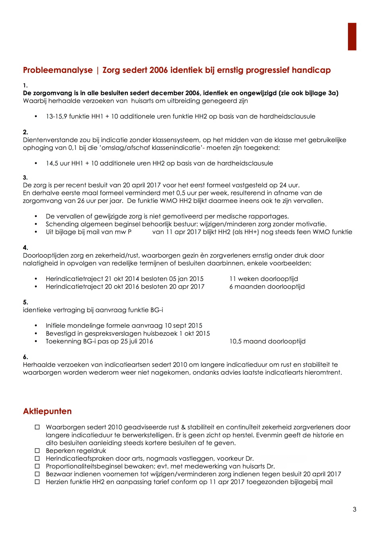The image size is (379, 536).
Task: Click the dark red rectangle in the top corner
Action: pyautogui.click(x=352, y=37)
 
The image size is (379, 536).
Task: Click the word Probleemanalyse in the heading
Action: pyautogui.click(x=58, y=70)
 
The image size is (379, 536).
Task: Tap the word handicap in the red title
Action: pyautogui.click(x=311, y=70)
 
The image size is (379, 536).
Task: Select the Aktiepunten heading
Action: pyautogui.click(x=47, y=411)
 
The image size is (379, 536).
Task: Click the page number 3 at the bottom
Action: pyautogui.click(x=354, y=509)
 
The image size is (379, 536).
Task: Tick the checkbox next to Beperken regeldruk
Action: pyautogui.click(x=37, y=451)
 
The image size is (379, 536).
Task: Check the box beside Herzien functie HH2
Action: pyautogui.click(x=37, y=482)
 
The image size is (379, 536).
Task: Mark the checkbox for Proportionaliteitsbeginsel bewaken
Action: pyautogui.click(x=37, y=466)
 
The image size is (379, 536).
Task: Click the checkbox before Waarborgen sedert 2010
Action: pyautogui.click(x=37, y=427)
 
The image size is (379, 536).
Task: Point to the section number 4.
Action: pyautogui.click(x=25, y=248)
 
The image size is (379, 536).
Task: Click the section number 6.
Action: pyautogui.click(x=25, y=357)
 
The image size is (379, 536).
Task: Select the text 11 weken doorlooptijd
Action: pyautogui.click(x=264, y=279)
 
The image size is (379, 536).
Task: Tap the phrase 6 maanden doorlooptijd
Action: pyautogui.click(x=267, y=287)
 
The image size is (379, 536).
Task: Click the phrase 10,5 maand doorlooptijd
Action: pyautogui.click(x=267, y=341)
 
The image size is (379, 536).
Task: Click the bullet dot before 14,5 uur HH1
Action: pyautogui.click(x=36, y=164)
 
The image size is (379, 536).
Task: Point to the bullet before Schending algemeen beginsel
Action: pyautogui.click(x=36, y=224)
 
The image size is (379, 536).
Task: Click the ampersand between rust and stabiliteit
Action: pyautogui.click(x=183, y=427)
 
